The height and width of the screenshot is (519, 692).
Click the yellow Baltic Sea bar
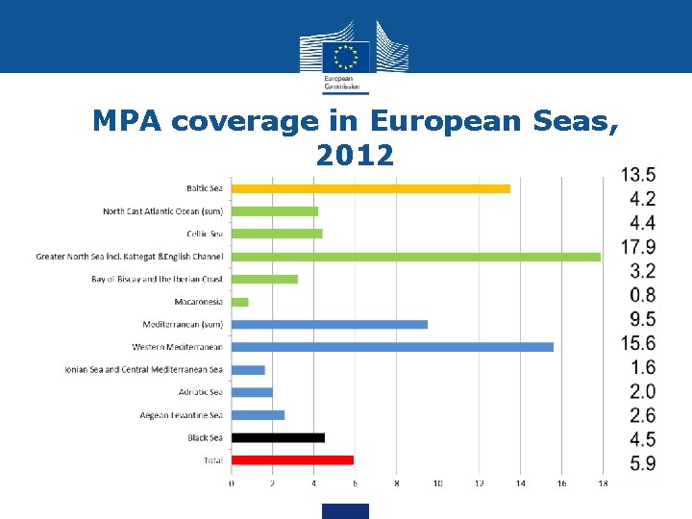click(x=370, y=188)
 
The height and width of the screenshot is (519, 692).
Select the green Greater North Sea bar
click(x=415, y=257)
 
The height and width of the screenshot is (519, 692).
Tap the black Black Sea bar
click(x=278, y=437)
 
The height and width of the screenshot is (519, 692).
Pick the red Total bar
click(x=292, y=460)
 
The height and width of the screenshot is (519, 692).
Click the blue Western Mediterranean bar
click(x=392, y=347)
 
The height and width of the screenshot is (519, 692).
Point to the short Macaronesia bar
click(x=239, y=302)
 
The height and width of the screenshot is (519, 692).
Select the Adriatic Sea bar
click(x=252, y=392)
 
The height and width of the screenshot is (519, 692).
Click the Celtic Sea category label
click(x=204, y=234)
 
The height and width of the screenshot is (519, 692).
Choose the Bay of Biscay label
click(x=157, y=279)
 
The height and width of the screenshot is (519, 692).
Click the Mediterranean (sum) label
click(x=183, y=325)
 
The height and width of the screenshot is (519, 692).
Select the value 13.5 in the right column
click(x=638, y=175)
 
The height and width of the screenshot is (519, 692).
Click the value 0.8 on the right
click(x=643, y=295)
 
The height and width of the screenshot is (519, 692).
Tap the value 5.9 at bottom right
click(x=643, y=463)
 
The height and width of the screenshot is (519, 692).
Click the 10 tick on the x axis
click(x=437, y=483)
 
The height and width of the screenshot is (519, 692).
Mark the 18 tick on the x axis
click(x=602, y=483)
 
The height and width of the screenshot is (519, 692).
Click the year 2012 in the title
click(x=355, y=155)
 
